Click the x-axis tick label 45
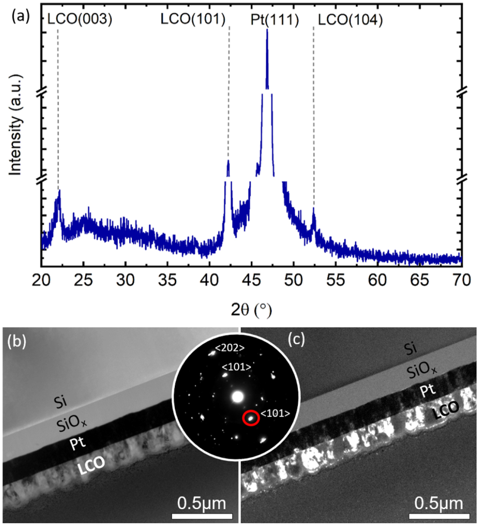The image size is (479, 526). pos(251,278)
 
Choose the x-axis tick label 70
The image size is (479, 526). pos(461,278)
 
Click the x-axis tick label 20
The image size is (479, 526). pos(42,278)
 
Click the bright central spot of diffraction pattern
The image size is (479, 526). pos(238,397)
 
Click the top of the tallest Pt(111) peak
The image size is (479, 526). pos(267,30)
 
